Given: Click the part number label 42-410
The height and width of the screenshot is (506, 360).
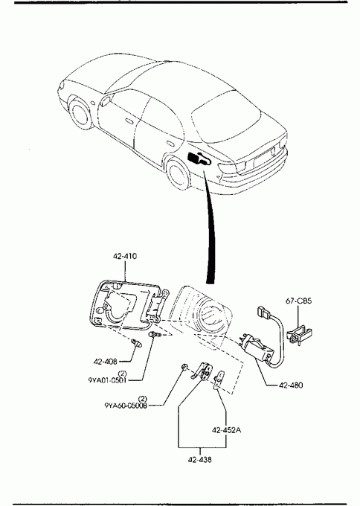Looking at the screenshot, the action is click(x=125, y=257).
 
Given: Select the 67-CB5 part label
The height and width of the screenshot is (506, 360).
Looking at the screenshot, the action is click(x=298, y=301).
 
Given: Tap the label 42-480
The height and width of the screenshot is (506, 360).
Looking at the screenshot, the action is click(x=291, y=385).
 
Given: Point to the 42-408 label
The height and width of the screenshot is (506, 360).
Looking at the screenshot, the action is click(x=105, y=362).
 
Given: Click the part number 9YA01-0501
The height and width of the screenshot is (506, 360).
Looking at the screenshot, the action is click(x=107, y=380).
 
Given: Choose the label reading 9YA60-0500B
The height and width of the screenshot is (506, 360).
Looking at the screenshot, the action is click(x=126, y=406).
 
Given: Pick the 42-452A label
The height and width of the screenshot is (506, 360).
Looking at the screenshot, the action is click(x=226, y=430).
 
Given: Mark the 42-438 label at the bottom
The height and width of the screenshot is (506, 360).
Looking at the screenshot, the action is click(x=200, y=460).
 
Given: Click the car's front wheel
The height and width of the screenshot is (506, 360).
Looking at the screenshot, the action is click(x=80, y=114).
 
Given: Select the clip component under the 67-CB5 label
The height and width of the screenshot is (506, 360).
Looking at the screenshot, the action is click(x=299, y=335).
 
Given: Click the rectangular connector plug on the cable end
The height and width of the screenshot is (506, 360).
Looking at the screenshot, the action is click(x=263, y=311).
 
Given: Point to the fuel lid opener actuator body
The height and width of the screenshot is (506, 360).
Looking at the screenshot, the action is click(x=257, y=349).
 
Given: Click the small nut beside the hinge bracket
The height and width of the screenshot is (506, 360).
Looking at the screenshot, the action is click(x=185, y=367).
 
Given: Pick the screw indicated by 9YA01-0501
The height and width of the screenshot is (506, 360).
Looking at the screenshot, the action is click(x=155, y=335).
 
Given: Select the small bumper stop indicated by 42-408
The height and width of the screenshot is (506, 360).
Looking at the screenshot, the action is click(x=136, y=343).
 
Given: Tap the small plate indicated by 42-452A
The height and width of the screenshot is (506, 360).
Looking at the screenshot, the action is click(x=219, y=380).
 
